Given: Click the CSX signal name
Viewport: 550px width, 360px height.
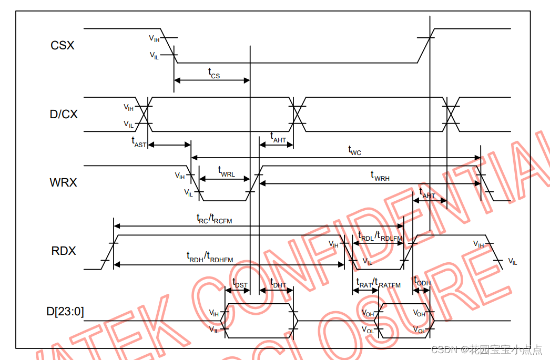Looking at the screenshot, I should pos(63,46).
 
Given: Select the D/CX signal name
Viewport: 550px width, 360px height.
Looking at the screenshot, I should pos(64,114).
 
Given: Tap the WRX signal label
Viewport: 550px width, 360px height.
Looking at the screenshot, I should pos(64,183).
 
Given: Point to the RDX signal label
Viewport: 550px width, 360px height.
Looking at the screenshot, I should pos(64,251).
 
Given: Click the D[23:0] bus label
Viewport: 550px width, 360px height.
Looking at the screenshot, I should pos(65,312).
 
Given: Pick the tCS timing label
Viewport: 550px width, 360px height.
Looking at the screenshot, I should pos(213,73).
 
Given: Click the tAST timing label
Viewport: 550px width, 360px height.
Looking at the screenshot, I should pos(139,141).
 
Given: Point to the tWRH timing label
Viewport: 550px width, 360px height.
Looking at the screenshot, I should pos(380,176).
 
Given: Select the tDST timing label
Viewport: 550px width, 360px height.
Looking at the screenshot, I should pos(240,284).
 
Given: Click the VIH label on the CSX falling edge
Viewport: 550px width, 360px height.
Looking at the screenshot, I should pos(154,38).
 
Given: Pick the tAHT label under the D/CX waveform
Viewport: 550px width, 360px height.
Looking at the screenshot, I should pos(278,138).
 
